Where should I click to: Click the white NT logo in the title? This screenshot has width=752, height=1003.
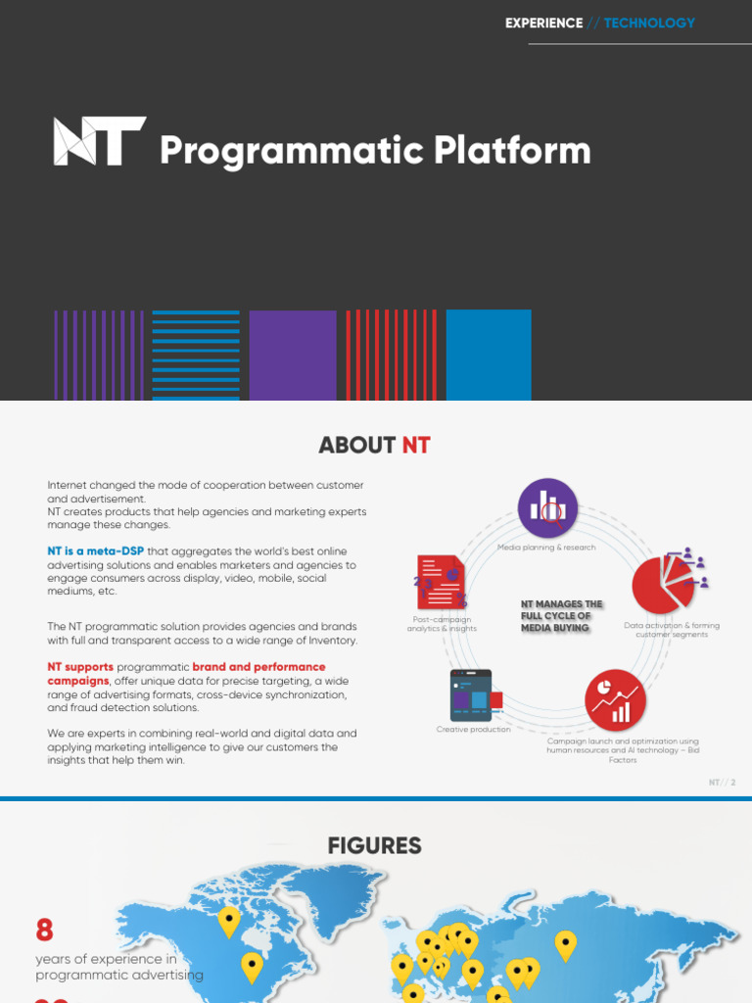tap(99, 140)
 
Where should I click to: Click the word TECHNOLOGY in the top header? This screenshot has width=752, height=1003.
tap(649, 23)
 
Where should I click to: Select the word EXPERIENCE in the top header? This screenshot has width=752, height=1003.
tap(543, 23)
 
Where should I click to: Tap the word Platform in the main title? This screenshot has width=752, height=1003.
tap(512, 151)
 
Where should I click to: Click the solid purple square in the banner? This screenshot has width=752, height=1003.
tap(293, 355)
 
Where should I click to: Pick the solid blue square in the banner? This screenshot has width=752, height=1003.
tap(489, 355)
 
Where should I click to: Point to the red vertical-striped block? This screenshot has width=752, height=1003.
tap(391, 355)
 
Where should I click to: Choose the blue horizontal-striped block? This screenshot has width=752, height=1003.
tap(196, 355)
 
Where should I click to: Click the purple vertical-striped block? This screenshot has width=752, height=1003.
tap(99, 355)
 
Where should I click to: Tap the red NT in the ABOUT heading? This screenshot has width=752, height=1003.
tap(416, 446)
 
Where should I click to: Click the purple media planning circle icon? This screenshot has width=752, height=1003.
tap(547, 508)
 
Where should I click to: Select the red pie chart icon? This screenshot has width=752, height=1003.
tap(664, 584)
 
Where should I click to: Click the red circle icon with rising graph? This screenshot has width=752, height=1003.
tap(616, 700)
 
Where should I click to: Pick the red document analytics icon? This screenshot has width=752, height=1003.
tap(441, 584)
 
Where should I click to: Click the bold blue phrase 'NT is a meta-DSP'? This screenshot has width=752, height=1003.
tap(96, 551)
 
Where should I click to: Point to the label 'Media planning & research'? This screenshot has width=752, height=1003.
tap(546, 548)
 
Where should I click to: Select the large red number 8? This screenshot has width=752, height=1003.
tap(44, 930)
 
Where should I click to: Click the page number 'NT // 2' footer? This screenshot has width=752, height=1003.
tap(722, 783)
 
